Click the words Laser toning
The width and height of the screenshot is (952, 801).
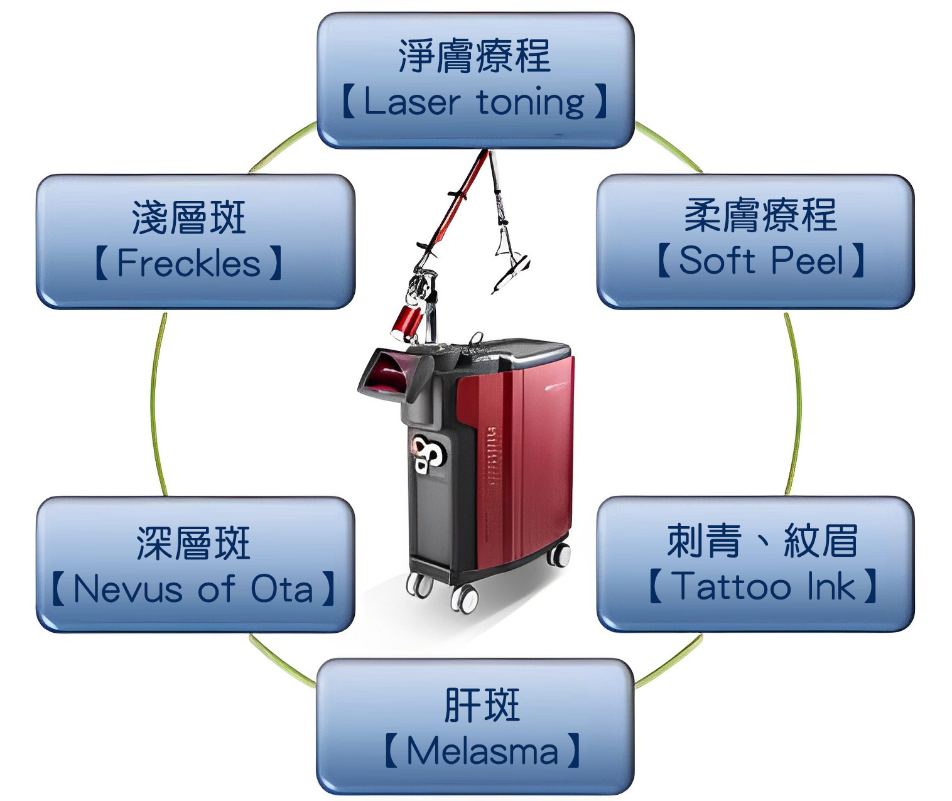pyautogui.click(x=474, y=102)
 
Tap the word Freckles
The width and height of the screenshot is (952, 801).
pyautogui.click(x=188, y=263)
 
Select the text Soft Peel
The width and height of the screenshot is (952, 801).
pyautogui.click(x=760, y=260)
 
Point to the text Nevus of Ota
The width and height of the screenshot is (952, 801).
pyautogui.click(x=193, y=589)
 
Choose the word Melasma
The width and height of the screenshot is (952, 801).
pyautogui.click(x=482, y=751)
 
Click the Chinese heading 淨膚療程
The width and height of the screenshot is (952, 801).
pyautogui.click(x=475, y=56)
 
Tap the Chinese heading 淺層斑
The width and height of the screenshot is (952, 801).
pyautogui.click(x=189, y=218)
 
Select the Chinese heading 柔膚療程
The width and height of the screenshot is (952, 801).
pyautogui.click(x=760, y=215)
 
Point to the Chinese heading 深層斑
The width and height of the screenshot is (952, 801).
pyautogui.click(x=193, y=543)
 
